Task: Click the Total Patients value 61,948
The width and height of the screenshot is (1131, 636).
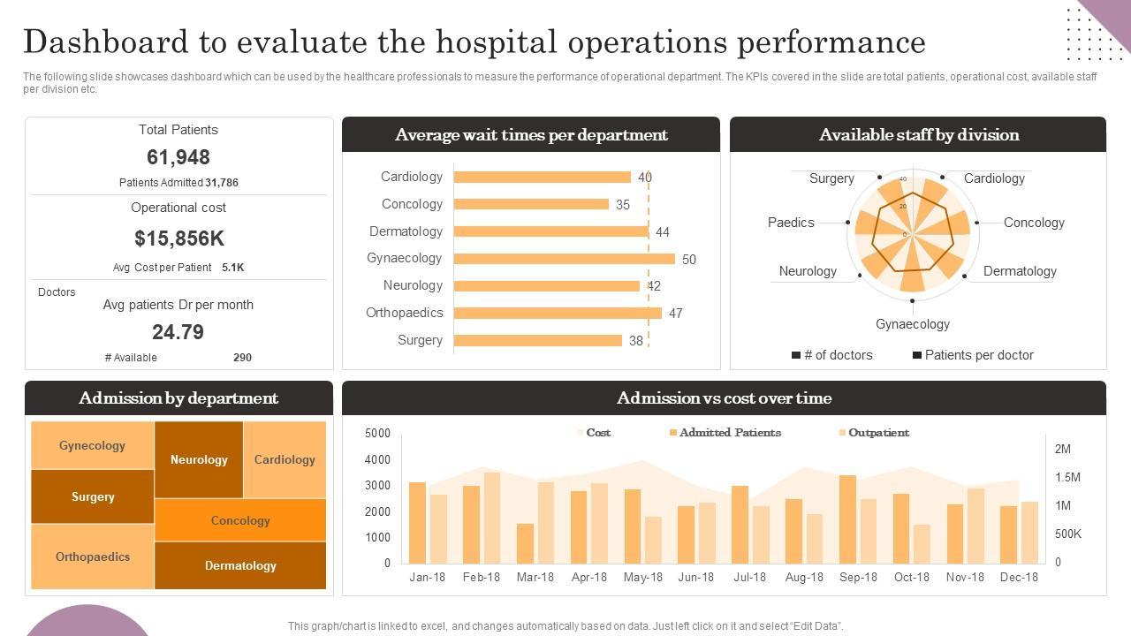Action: click(178, 157)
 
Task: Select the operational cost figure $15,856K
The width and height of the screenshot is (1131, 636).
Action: click(178, 238)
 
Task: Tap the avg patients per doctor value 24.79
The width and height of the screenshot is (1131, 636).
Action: click(178, 332)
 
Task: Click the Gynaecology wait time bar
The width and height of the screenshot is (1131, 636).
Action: click(564, 259)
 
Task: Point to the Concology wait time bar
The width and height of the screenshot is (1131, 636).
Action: click(531, 204)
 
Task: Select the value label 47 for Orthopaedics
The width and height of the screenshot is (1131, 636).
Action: click(676, 314)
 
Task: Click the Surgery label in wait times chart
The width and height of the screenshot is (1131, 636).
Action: click(420, 340)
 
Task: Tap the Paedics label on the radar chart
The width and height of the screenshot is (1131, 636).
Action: click(791, 223)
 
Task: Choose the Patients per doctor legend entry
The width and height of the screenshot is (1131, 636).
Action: click(973, 355)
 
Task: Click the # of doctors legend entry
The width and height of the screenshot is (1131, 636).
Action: click(831, 355)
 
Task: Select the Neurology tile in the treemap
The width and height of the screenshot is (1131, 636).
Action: click(199, 459)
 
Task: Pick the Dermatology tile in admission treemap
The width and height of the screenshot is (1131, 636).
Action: click(240, 565)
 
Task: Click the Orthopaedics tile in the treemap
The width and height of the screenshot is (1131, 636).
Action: click(93, 556)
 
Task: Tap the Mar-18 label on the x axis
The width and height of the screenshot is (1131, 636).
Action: click(535, 577)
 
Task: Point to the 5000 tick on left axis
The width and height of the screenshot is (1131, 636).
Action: click(377, 433)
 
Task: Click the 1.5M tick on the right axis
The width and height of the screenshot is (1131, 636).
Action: click(1067, 477)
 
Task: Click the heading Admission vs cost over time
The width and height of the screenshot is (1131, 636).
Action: click(724, 398)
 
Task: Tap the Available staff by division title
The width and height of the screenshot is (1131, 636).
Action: click(919, 135)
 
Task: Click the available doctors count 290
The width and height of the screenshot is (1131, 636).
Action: click(242, 358)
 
